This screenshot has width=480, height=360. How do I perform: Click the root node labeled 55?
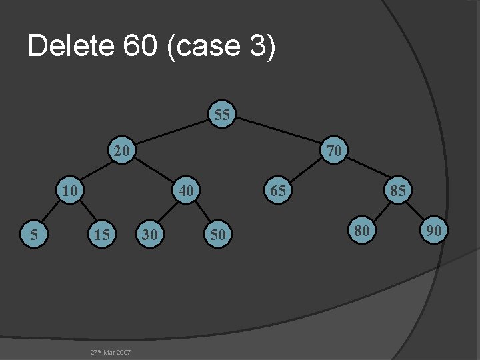(223, 115)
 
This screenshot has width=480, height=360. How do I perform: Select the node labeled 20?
(121, 151)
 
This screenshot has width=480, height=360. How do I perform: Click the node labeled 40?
(187, 191)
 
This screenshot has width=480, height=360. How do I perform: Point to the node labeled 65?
(278, 191)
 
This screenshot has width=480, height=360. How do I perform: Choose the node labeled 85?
(398, 191)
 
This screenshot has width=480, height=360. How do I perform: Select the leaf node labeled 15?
(102, 234)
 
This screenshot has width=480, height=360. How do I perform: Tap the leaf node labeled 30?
(150, 234)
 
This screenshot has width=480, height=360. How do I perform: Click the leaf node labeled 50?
(217, 234)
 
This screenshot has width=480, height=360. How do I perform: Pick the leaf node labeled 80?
(362, 231)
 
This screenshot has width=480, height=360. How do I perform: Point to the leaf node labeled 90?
(435, 231)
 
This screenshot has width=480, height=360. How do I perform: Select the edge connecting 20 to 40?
(154, 171)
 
